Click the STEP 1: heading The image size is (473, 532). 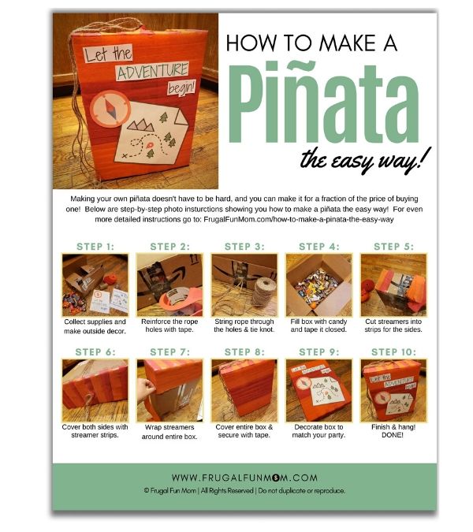(95, 246)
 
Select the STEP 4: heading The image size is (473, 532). (319, 246)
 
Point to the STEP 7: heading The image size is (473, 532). (169, 352)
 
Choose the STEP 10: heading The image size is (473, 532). (393, 352)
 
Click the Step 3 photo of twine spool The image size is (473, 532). (244, 284)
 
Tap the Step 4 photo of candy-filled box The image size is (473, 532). (319, 284)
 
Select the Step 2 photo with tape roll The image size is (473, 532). (169, 284)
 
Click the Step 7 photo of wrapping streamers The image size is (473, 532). (169, 389)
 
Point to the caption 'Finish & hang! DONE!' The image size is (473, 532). (393, 430)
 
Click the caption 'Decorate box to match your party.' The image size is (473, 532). (319, 430)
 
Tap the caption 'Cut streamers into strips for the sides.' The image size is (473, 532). (393, 325)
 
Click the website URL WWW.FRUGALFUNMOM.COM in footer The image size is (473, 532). (244, 478)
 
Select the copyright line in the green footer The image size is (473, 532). (244, 490)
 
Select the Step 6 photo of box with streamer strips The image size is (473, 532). (95, 389)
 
